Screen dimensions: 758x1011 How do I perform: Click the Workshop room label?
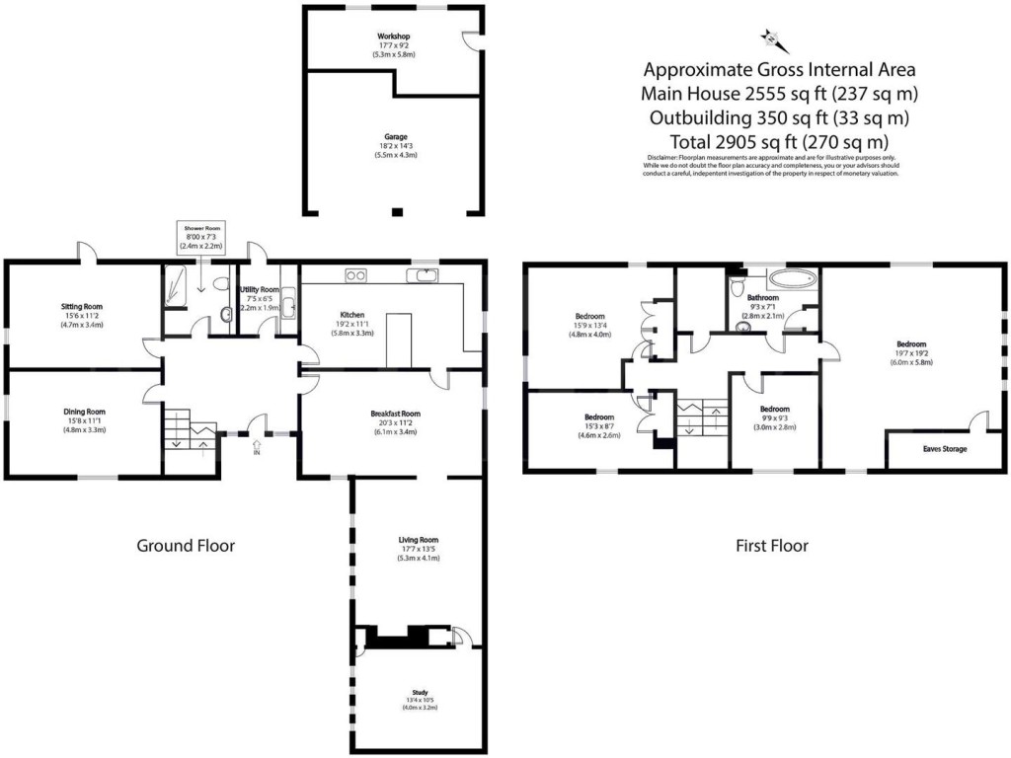[x=393, y=37]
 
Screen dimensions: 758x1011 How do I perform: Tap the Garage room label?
[x=396, y=137]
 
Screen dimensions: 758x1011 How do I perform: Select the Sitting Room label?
[x=82, y=307]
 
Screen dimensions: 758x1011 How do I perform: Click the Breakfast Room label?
[x=396, y=414]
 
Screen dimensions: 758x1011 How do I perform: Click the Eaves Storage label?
[x=945, y=448]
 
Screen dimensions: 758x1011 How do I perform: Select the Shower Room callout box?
[x=200, y=237]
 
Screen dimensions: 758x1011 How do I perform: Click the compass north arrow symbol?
[x=771, y=38]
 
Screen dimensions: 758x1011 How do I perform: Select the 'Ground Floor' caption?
[x=186, y=545]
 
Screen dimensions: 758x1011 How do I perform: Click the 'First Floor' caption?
[x=772, y=545]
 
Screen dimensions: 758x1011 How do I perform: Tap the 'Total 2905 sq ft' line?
[x=779, y=141]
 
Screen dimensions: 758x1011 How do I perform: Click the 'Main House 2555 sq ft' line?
[x=779, y=94]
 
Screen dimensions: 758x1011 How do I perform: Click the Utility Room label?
[x=260, y=289]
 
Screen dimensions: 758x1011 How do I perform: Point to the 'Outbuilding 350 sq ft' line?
[x=779, y=117]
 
